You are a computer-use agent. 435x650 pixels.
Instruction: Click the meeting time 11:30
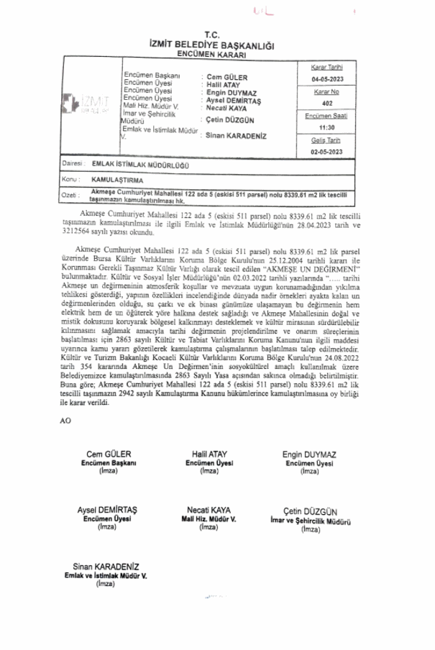327,128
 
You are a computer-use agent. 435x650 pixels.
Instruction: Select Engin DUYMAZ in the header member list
231,93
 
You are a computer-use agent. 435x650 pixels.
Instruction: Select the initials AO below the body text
66,420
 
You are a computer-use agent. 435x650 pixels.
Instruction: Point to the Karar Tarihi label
327,67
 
